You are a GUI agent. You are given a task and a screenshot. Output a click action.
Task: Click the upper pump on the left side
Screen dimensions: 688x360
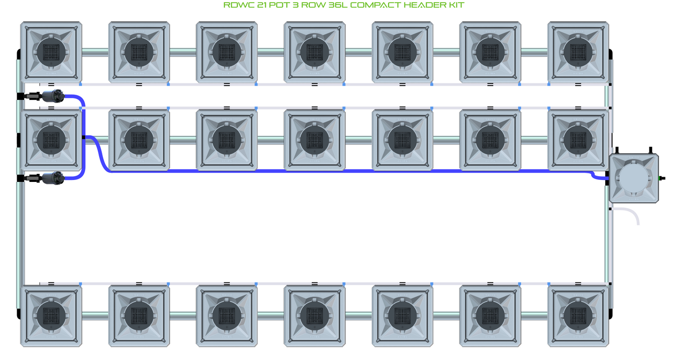pos(53,96)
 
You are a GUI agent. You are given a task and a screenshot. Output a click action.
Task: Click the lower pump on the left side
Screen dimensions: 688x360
pos(53,178)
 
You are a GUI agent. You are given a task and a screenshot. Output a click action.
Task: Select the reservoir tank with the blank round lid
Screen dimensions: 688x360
pos(634,178)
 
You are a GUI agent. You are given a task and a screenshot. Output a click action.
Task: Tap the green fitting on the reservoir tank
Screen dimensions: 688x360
pos(660,178)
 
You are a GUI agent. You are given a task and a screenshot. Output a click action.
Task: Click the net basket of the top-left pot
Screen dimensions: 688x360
pos(51,52)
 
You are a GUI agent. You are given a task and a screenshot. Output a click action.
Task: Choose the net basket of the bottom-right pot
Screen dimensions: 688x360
pos(578,316)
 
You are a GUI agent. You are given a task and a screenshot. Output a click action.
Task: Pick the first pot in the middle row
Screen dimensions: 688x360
pos(51,140)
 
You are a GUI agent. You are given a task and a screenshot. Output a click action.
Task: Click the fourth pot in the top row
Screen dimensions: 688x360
pos(315,52)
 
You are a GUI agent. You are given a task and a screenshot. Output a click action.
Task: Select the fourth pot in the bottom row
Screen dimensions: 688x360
pos(315,316)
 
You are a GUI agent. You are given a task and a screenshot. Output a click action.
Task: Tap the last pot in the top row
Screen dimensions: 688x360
pos(578,52)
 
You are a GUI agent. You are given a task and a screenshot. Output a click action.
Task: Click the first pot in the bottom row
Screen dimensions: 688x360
pos(51,316)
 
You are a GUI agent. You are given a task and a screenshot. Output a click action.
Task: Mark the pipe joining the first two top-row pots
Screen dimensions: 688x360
pos(95,52)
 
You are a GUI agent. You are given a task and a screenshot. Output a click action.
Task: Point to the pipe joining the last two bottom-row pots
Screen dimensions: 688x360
pos(534,316)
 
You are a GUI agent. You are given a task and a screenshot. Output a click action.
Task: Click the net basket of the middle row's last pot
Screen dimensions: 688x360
pos(578,140)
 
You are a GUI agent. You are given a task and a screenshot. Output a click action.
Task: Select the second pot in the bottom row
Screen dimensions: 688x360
pos(139,316)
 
